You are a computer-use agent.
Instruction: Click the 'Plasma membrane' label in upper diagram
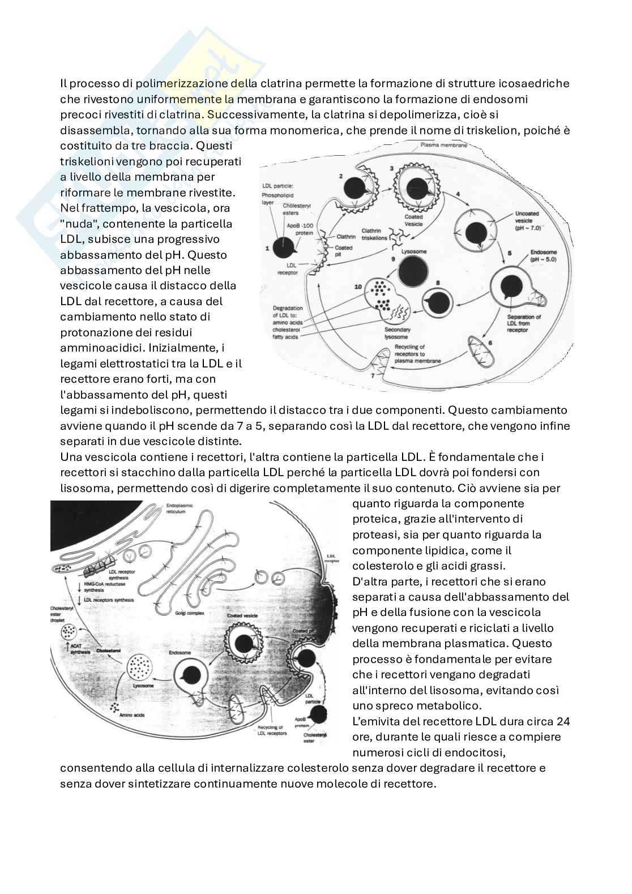click(443, 146)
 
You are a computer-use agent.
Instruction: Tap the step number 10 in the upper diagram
click(358, 287)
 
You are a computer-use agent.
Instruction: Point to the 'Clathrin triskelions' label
click(374, 234)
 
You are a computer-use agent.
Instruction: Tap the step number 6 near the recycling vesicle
click(490, 343)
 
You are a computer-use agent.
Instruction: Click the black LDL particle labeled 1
click(283, 247)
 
